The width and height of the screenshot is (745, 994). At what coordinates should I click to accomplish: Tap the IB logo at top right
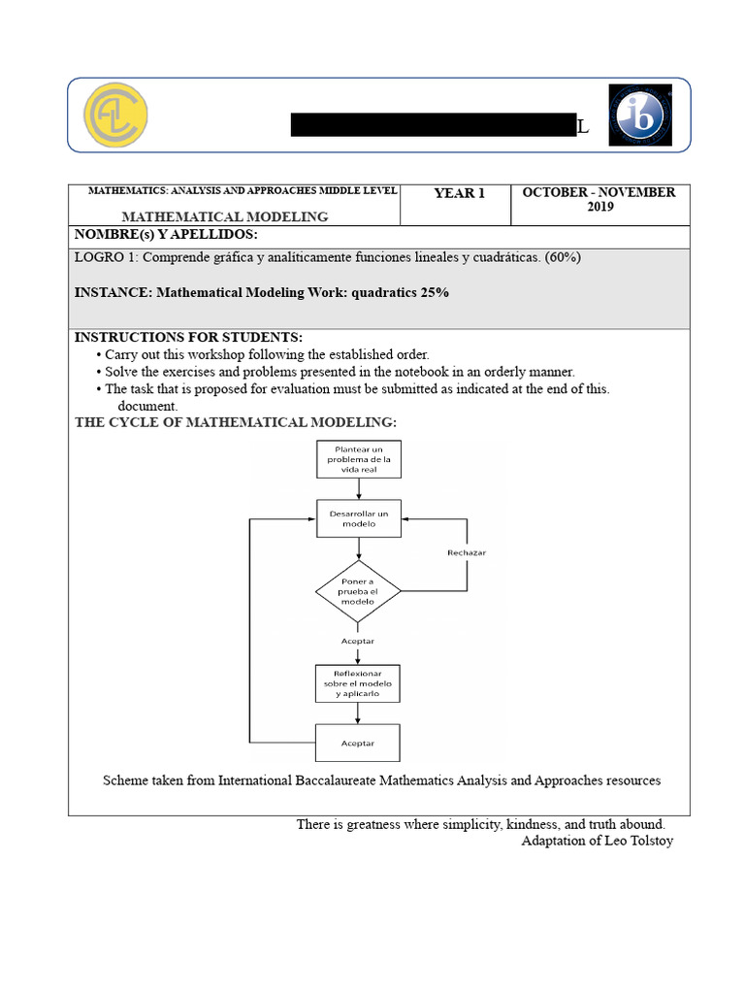[x=637, y=115]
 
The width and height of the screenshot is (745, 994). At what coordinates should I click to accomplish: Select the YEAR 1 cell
[x=459, y=193]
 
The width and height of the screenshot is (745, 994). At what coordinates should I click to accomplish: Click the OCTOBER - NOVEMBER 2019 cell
[x=599, y=200]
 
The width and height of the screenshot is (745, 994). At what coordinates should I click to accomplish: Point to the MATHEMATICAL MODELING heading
[x=224, y=216]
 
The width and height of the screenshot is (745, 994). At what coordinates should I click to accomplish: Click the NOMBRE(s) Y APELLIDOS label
[x=166, y=236]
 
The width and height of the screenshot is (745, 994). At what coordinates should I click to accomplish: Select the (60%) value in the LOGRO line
[x=563, y=257]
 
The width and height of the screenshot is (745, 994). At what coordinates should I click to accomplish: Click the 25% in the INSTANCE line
[x=435, y=292]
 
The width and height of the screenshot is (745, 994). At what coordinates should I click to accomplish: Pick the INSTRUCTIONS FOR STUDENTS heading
[x=188, y=337]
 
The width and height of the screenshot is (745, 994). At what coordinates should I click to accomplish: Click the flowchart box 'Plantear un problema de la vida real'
[x=358, y=459]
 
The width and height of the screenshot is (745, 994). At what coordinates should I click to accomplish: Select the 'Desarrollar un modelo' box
[x=358, y=518]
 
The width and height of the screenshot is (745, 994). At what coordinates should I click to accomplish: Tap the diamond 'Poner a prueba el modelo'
[x=358, y=591]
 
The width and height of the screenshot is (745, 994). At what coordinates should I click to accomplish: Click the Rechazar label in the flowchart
[x=467, y=552]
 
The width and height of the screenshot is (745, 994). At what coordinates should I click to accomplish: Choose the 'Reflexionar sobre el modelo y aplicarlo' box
[x=358, y=683]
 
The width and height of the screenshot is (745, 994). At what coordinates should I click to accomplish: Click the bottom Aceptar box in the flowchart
[x=358, y=744]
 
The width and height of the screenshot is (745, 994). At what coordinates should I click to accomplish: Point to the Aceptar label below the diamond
[x=358, y=641]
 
